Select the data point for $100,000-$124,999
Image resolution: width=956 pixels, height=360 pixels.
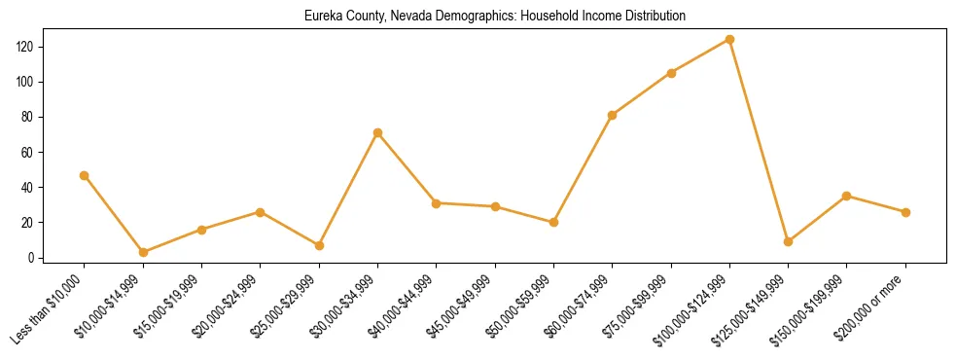coord(729,40)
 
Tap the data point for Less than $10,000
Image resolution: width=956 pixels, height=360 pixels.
coord(84,175)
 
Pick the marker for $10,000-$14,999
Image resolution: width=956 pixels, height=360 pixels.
coord(143,252)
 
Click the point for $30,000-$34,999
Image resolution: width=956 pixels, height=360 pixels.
coord(377,132)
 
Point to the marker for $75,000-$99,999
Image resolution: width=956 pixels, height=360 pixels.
coord(671,73)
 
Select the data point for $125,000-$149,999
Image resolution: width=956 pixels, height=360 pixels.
coord(788,241)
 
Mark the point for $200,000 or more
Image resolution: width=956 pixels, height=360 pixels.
coord(905,212)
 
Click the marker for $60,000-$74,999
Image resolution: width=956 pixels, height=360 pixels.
coord(612,115)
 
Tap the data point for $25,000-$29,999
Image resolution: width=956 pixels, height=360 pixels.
coord(319,245)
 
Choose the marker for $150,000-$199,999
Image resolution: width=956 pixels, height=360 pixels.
coord(847,196)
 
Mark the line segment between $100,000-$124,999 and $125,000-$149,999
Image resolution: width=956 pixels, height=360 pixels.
coord(759,141)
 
